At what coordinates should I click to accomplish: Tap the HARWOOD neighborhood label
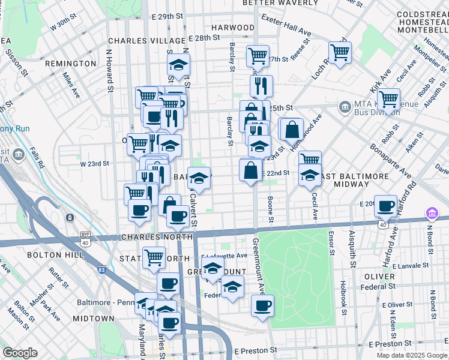(x=233, y=28)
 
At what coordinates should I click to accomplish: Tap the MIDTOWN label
(x=94, y=318)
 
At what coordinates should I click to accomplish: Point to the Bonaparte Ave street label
(x=390, y=161)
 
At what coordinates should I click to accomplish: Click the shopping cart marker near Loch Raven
(x=339, y=53)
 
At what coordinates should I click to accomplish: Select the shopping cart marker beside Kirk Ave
(x=388, y=98)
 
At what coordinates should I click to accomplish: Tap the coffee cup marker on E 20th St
(x=385, y=206)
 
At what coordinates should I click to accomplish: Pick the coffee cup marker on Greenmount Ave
(x=262, y=305)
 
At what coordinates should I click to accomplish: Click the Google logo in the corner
(x=20, y=353)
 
